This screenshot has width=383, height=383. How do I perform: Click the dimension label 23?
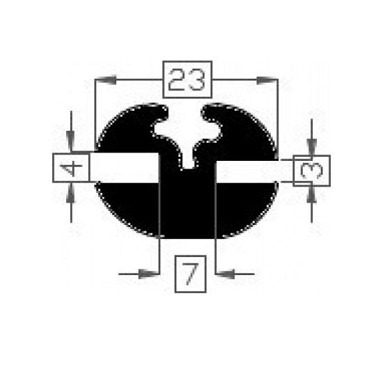pos(187,79)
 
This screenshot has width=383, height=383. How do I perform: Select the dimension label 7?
pos(191,274)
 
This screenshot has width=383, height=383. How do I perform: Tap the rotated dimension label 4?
pos(71,168)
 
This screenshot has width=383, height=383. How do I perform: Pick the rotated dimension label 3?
pos(312,171)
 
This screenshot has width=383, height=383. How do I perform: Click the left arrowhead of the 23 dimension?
pos(106,79)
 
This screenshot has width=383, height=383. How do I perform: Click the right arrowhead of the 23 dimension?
pos(267,80)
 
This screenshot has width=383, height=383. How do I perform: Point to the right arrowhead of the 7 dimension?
pos(225,274)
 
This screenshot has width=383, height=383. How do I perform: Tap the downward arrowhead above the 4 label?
pos(70,141)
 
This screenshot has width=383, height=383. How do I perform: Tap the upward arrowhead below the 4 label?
pos(71,193)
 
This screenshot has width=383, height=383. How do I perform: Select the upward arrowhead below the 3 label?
pos(311,195)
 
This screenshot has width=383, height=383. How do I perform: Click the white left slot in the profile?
pos(125,168)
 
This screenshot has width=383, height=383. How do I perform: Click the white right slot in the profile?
pos(254,172)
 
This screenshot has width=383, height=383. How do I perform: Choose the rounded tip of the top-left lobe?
pos(162,112)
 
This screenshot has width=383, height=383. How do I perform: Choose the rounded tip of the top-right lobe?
pos(207,111)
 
